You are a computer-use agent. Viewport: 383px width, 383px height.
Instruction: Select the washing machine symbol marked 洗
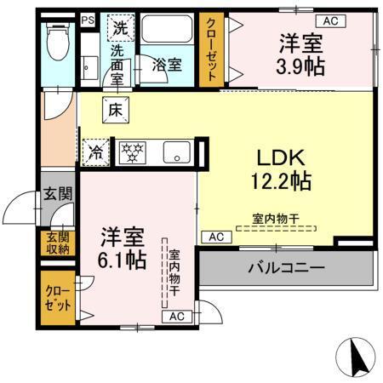(x=121, y=27)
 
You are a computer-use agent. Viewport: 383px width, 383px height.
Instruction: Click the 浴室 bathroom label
(x=165, y=64)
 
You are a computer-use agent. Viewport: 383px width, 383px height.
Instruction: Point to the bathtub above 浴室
(x=167, y=32)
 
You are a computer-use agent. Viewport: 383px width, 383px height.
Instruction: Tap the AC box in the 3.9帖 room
(x=329, y=20)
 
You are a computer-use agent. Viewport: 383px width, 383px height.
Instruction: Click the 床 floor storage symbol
(x=115, y=108)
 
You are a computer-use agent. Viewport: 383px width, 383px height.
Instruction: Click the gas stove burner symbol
(x=132, y=151)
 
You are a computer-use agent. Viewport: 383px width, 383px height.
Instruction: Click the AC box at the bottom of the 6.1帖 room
(x=176, y=317)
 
